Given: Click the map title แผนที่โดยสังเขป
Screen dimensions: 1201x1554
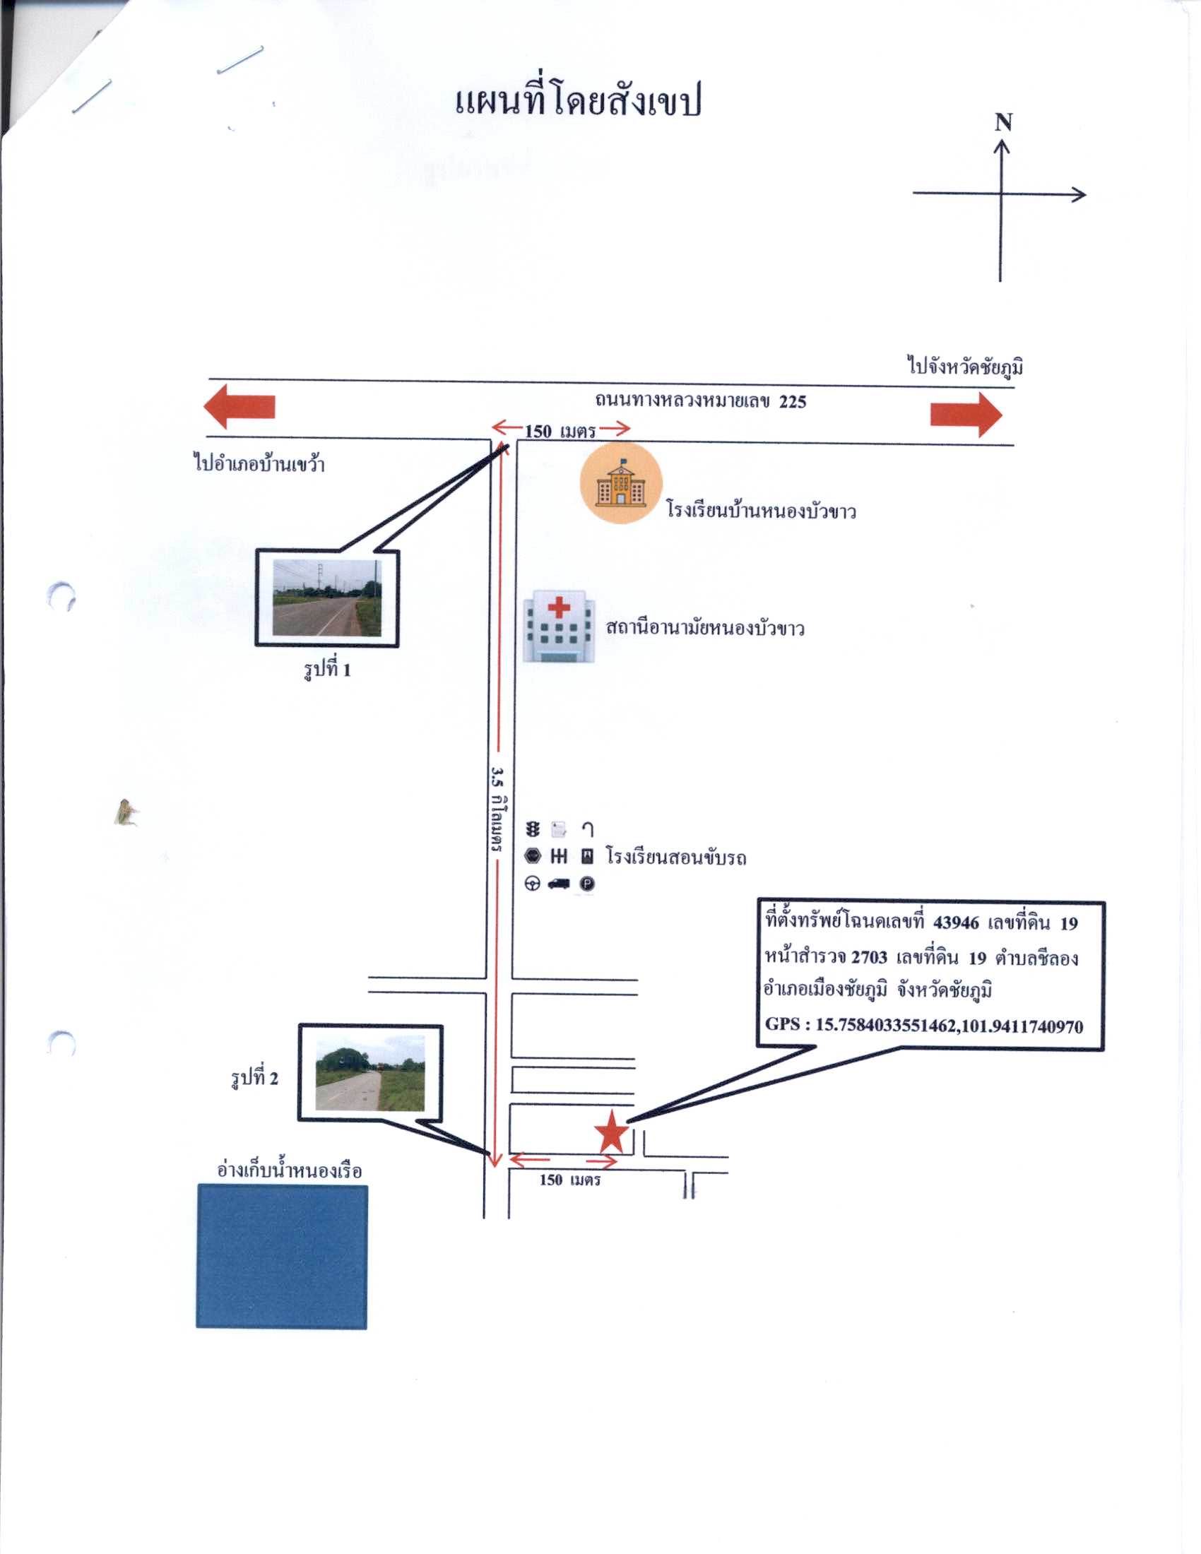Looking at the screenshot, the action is (x=578, y=101).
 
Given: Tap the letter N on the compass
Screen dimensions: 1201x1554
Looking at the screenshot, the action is (x=1003, y=123).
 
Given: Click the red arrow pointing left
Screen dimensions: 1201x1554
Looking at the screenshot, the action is (x=239, y=407).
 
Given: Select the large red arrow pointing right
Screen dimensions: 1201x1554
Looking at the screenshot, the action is (x=966, y=414).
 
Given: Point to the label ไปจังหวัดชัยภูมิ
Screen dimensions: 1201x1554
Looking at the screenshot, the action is (x=966, y=367).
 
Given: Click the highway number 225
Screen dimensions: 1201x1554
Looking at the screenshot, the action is (x=793, y=402).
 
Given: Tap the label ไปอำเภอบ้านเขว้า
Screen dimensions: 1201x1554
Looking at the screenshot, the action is (x=259, y=465).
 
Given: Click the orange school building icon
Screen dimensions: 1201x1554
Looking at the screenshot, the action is (x=621, y=482).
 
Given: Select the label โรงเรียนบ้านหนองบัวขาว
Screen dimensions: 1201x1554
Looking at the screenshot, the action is (x=761, y=511).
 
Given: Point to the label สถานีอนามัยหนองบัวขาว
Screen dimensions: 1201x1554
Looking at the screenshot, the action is (x=704, y=628).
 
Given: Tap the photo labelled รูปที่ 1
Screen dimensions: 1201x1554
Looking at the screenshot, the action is (x=327, y=598).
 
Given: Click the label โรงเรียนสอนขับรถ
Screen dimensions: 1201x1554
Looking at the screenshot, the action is (x=676, y=856).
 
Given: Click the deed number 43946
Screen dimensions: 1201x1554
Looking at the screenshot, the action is (x=956, y=923).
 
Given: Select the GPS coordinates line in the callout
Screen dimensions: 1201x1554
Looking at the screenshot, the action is (x=924, y=1026).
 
